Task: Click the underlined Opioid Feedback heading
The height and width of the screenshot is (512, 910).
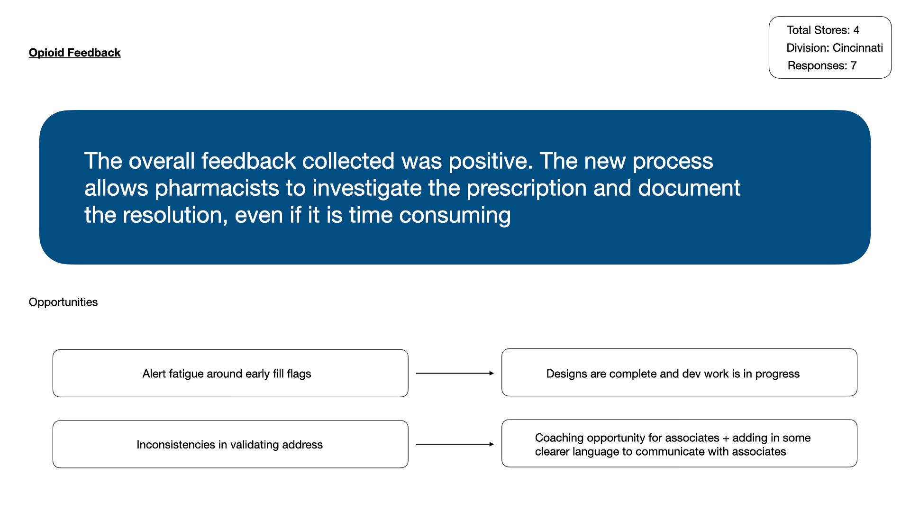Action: click(x=74, y=53)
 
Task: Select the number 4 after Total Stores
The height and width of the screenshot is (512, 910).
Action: click(x=856, y=30)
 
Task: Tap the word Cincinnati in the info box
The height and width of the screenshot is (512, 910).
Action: click(x=858, y=48)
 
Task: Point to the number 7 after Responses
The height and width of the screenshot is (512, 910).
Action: click(x=854, y=66)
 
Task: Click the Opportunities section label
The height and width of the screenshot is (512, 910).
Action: click(x=63, y=302)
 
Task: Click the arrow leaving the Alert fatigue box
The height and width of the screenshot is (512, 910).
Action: click(x=455, y=374)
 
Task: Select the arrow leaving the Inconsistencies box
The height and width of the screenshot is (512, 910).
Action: click(x=455, y=444)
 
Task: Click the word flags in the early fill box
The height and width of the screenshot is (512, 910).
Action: click(x=299, y=374)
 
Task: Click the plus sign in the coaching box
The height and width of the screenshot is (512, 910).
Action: click(x=726, y=439)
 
